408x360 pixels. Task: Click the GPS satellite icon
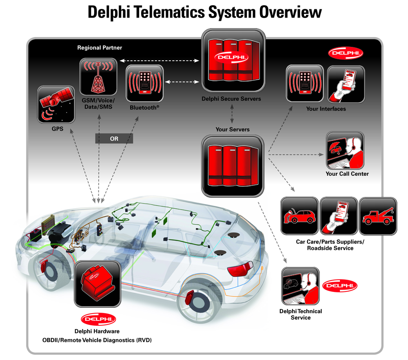56,104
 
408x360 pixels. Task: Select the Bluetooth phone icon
144,84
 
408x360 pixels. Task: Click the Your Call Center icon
345,150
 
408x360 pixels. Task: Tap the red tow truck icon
378,216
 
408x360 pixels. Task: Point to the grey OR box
114,139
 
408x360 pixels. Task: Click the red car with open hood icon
300,216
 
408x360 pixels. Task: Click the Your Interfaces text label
326,109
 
